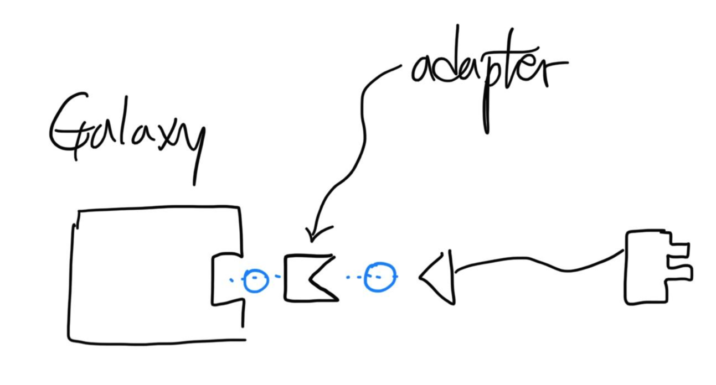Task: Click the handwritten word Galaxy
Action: (127, 133)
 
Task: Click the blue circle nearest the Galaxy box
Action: (256, 280)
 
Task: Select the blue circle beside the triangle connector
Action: (380, 277)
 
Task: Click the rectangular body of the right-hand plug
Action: (645, 268)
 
